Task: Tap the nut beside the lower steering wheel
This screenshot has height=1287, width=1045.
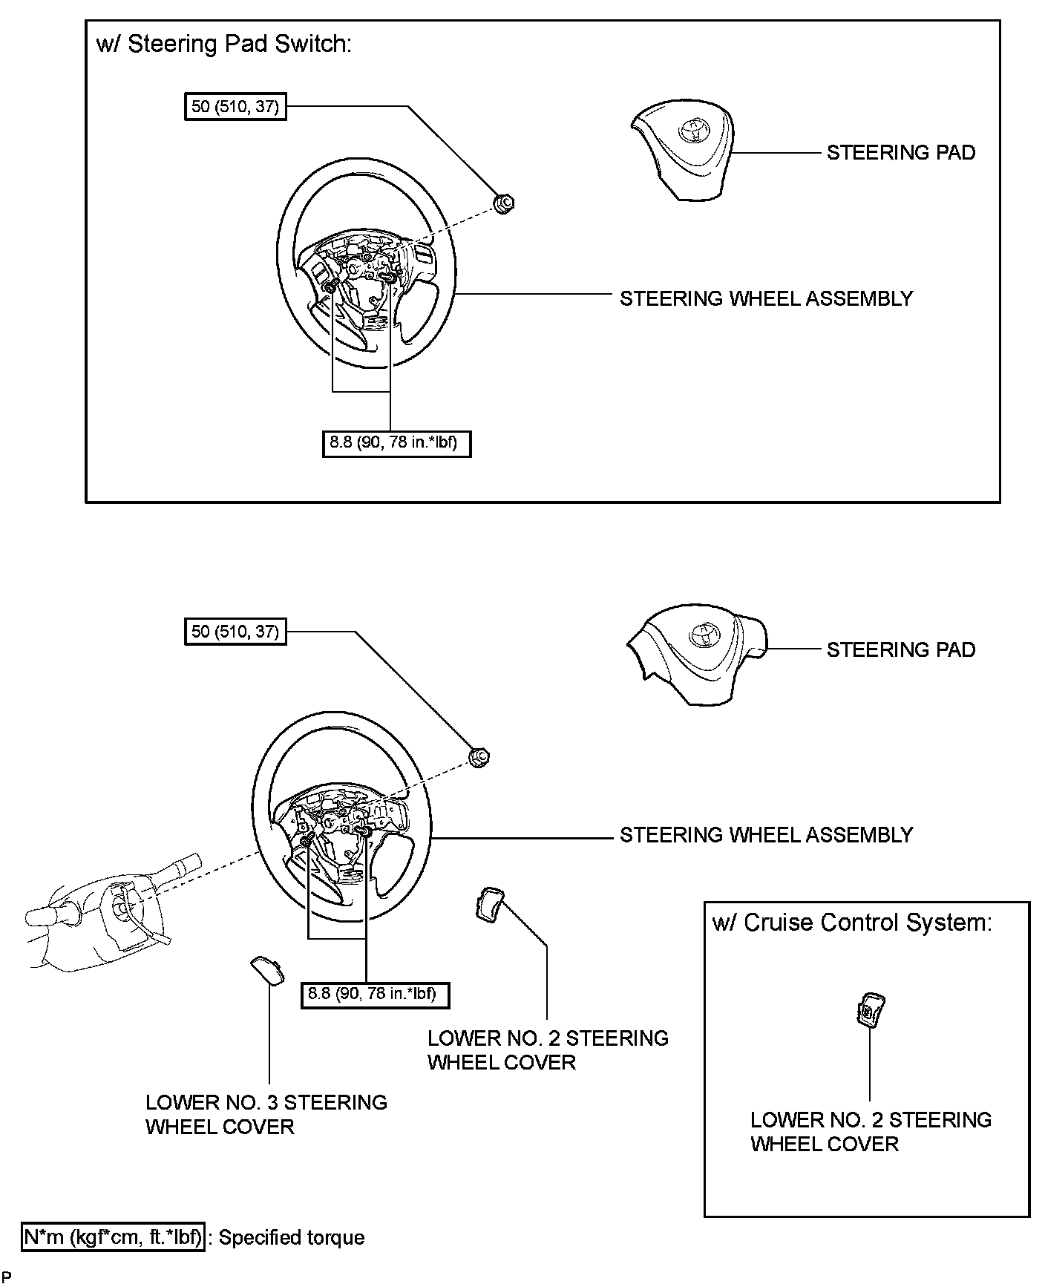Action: click(479, 757)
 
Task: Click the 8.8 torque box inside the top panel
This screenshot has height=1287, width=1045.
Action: click(396, 444)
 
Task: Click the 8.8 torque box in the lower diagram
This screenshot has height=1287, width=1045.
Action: click(375, 993)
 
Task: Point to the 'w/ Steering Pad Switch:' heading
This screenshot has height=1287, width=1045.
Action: click(223, 44)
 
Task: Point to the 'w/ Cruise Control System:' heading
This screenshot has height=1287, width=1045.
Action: click(852, 923)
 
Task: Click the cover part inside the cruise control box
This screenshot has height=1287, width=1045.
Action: click(871, 1009)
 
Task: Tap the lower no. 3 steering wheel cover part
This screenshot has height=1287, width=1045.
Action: click(267, 970)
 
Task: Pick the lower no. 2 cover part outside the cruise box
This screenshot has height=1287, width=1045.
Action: click(489, 905)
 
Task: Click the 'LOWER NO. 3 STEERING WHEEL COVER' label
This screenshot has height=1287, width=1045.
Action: click(266, 1114)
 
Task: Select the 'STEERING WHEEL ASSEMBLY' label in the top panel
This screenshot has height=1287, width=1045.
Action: click(766, 298)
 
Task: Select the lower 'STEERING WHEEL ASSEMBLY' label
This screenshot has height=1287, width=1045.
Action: click(766, 835)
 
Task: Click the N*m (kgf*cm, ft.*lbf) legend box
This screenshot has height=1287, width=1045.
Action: click(113, 1237)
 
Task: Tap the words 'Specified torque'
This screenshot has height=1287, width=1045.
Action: click(292, 1238)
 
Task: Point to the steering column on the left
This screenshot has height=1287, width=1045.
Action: click(111, 913)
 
